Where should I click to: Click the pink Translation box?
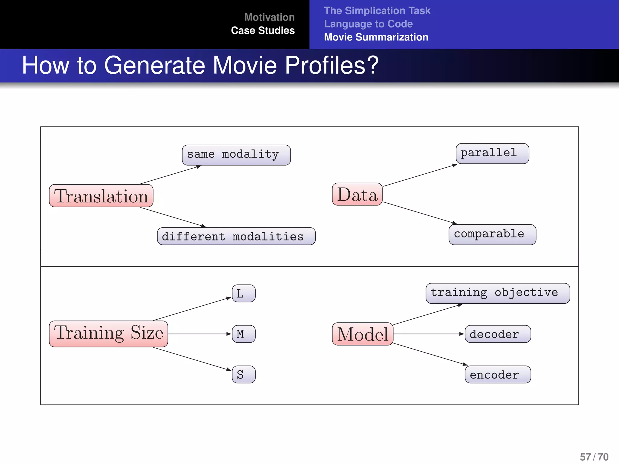pos(101,196)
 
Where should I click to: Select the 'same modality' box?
pos(236,155)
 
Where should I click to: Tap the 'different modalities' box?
pos(236,236)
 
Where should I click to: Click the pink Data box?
pos(357,194)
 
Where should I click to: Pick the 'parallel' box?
pos(492,153)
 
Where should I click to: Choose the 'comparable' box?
pos(492,234)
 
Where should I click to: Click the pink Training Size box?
pos(108,334)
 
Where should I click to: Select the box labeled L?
pos(243,293)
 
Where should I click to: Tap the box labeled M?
pos(243,334)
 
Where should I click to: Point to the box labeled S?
pos(243,375)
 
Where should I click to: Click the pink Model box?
pos(362,334)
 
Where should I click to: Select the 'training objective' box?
pos(497,293)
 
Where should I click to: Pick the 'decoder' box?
pos(497,334)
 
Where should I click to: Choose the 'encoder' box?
pos(497,375)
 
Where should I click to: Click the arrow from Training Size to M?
pos(199,334)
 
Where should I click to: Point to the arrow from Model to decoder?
pos(429,334)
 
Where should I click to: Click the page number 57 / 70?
pos(594,457)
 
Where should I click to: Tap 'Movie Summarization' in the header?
pos(376,37)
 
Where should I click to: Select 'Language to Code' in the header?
pos(368,24)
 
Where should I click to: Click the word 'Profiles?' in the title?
pos(332,65)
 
